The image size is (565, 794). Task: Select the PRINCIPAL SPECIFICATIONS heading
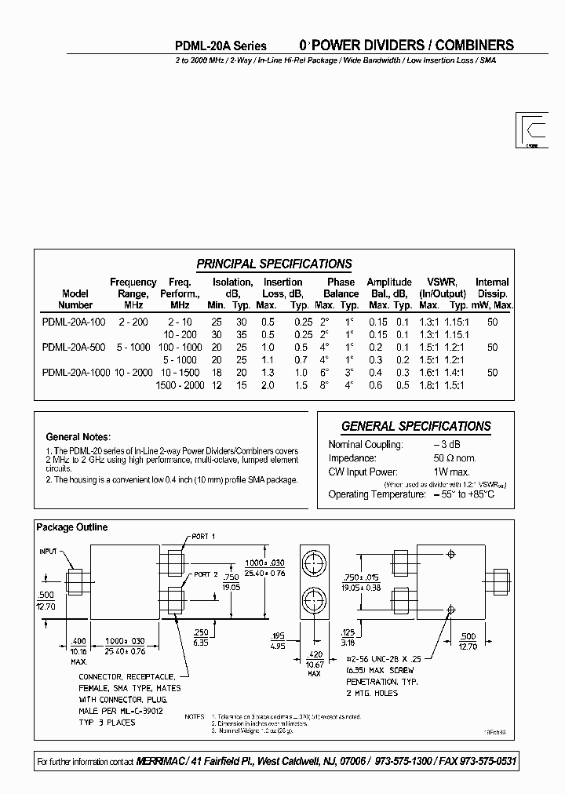pyautogui.click(x=274, y=264)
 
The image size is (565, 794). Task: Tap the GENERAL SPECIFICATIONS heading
pyautogui.click(x=416, y=426)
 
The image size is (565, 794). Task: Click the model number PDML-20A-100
pyautogui.click(x=73, y=322)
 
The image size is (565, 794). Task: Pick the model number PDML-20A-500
pyautogui.click(x=73, y=348)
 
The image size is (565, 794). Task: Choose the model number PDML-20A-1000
pyautogui.click(x=75, y=373)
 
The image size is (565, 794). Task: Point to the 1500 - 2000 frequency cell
pyautogui.click(x=180, y=385)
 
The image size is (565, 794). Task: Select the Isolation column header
pyautogui.click(x=232, y=282)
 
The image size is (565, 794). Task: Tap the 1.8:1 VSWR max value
pyautogui.click(x=429, y=385)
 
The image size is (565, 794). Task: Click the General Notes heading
pyautogui.click(x=78, y=436)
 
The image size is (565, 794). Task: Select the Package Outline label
pyautogui.click(x=72, y=527)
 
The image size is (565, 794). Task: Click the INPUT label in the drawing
pyautogui.click(x=49, y=552)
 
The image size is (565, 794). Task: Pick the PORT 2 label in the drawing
pyautogui.click(x=206, y=574)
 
